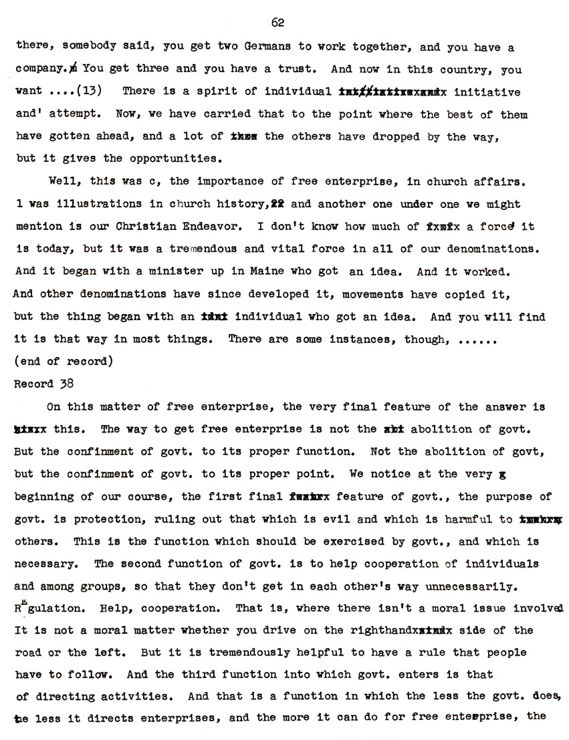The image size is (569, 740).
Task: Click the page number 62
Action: (x=278, y=23)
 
